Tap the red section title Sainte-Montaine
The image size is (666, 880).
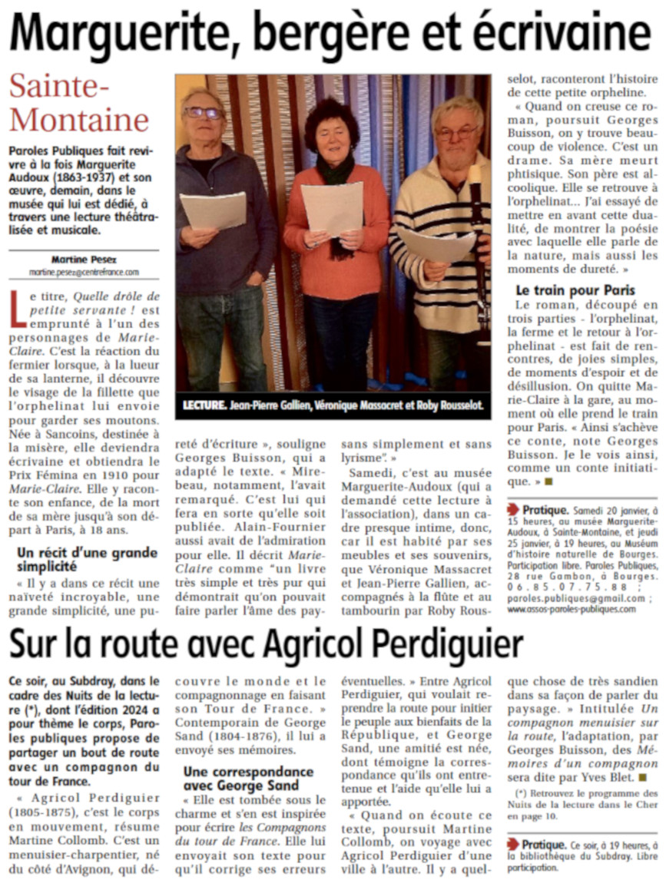[x=79, y=104]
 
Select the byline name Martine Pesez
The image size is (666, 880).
[x=84, y=260]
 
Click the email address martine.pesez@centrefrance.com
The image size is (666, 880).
[x=84, y=272]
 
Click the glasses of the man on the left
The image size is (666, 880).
[x=203, y=113]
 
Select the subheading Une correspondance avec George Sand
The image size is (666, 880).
[x=249, y=778]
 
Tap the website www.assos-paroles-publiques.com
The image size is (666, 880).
[x=572, y=609]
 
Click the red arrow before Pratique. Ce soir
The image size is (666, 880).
[x=513, y=845]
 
